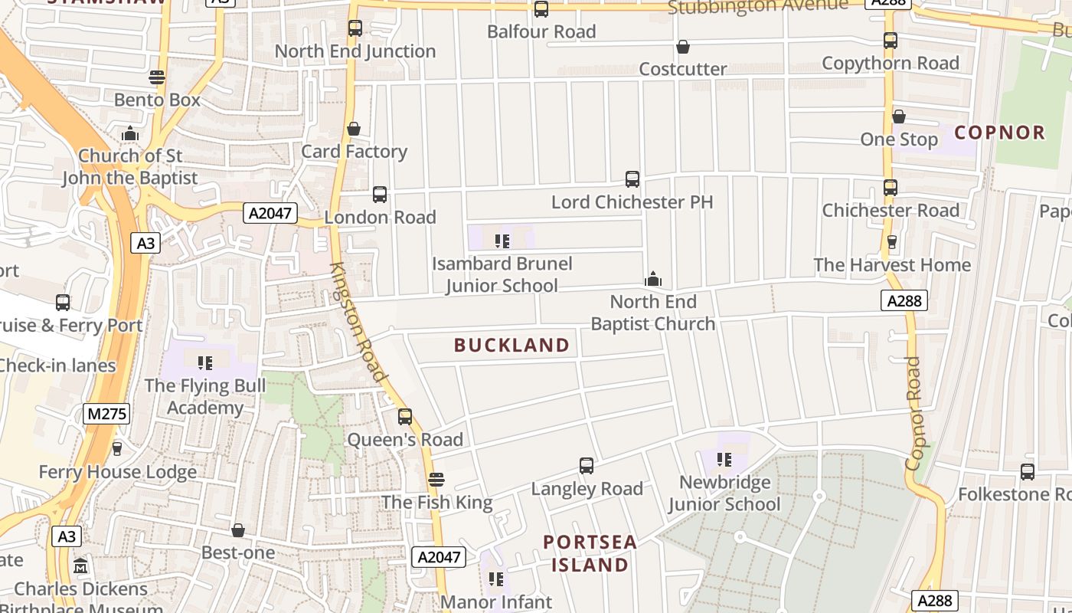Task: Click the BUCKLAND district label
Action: [x=511, y=346]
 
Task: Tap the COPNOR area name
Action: [x=999, y=133]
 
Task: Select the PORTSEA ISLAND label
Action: [x=590, y=553]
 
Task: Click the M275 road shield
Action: [x=107, y=415]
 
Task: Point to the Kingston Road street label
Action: [x=357, y=322]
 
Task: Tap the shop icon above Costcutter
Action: [x=683, y=48]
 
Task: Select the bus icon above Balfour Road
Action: [x=541, y=9]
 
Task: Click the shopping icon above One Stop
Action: [x=899, y=116]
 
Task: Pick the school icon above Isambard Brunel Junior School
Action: [x=502, y=241]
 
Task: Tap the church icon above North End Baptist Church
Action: [x=653, y=279]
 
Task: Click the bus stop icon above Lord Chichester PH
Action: [x=632, y=179]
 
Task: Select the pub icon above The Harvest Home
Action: [x=891, y=243]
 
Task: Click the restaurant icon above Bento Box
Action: [x=157, y=77]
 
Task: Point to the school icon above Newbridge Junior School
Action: [x=724, y=460]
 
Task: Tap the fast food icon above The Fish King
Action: [x=436, y=480]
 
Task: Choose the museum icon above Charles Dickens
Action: [x=81, y=566]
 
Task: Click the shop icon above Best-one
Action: [x=238, y=530]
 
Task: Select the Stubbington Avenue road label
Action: [x=757, y=7]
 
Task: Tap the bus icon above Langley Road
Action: [x=587, y=466]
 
